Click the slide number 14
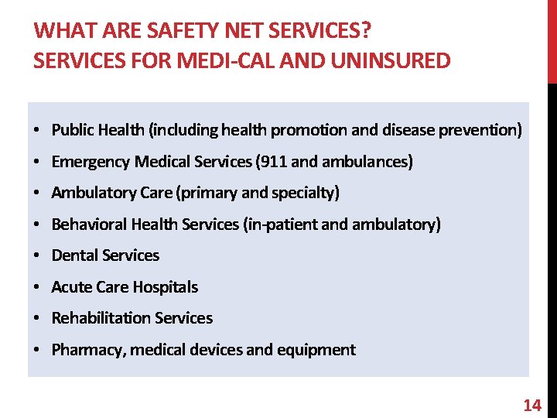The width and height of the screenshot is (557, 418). click(532, 405)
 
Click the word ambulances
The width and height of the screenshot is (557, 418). click(372, 162)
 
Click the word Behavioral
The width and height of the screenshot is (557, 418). click(89, 224)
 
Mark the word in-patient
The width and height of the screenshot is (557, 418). click(280, 224)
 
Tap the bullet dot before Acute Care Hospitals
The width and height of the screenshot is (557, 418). click(37, 287)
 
